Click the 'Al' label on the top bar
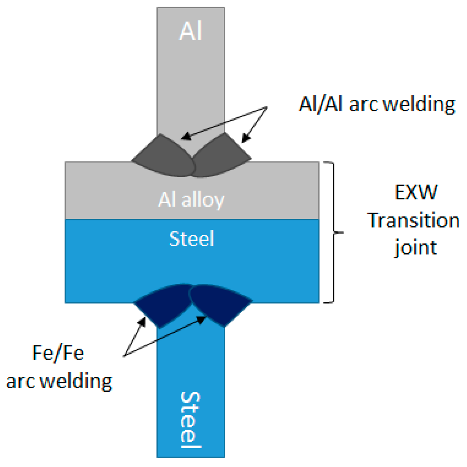tap(191, 31)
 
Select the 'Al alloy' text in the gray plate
tap(191, 200)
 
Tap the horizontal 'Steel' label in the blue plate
tap(191, 238)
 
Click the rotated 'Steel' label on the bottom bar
tap(191, 420)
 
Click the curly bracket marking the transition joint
tap(334, 232)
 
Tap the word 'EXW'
tap(416, 192)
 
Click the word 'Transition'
tap(413, 220)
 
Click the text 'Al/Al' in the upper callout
tap(321, 104)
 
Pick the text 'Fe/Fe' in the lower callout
tap(58, 353)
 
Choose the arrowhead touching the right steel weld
tap(202, 319)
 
